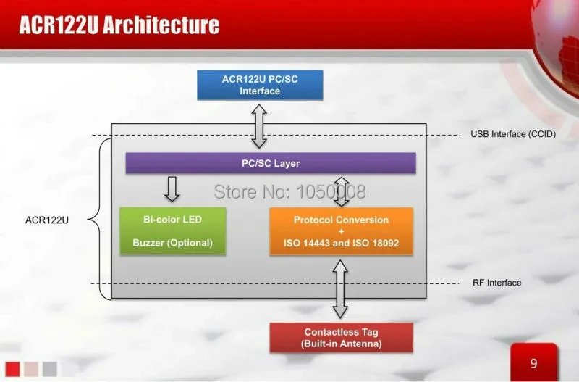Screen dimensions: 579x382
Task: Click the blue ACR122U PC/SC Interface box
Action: (x=260, y=85)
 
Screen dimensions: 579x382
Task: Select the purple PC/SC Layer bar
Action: (x=271, y=163)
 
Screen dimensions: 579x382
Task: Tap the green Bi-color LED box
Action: (x=173, y=231)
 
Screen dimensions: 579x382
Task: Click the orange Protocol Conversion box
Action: (x=341, y=231)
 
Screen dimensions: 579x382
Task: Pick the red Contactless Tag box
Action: (x=341, y=338)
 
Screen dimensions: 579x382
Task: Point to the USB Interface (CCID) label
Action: (x=513, y=134)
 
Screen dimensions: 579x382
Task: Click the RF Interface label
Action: (x=496, y=283)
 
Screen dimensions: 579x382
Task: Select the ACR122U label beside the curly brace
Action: (x=47, y=220)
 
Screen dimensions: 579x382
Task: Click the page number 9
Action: (x=533, y=363)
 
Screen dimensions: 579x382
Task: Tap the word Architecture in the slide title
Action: (x=161, y=25)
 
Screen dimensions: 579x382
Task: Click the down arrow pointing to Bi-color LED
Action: (x=172, y=189)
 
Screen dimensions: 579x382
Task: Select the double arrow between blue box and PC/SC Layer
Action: (x=259, y=126)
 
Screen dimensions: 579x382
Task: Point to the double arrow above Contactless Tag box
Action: (x=340, y=289)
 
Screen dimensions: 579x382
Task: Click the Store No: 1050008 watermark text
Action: (x=290, y=191)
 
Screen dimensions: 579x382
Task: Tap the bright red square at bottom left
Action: (x=12, y=369)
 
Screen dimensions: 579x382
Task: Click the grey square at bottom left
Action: (x=49, y=369)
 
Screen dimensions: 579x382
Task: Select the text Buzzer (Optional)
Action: (x=172, y=243)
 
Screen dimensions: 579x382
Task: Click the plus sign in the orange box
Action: (x=341, y=231)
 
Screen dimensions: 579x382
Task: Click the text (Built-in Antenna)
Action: (x=341, y=344)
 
